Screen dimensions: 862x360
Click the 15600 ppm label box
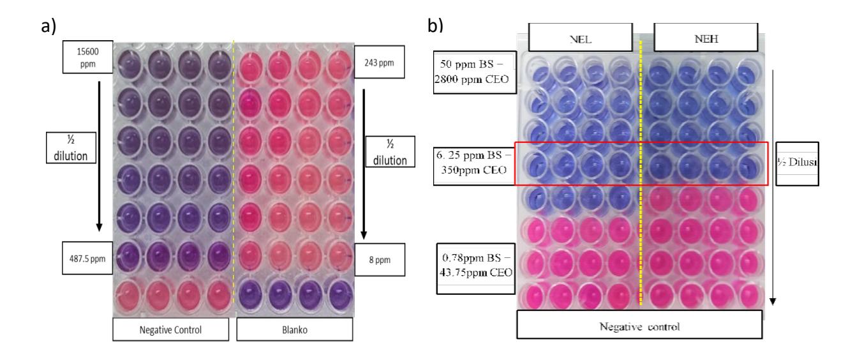point(88,57)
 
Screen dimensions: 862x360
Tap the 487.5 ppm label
point(87,258)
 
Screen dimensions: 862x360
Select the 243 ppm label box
point(380,62)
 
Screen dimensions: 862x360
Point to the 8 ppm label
point(380,260)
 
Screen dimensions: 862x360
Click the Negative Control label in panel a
point(170,329)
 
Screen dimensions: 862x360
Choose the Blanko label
point(295,329)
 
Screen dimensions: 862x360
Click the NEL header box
point(581,38)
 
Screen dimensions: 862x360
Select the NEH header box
point(706,38)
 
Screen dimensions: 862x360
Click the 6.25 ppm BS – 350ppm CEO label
point(474,163)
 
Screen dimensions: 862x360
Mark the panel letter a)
point(49,27)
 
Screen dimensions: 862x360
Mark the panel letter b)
point(435,26)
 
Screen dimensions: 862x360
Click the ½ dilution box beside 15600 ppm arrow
point(71,148)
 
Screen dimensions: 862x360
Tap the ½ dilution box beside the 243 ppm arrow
point(390,152)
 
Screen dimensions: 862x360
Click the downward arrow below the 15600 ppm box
point(100,156)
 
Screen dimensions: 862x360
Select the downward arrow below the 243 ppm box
point(364,164)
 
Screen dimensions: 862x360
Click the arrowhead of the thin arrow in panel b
point(772,301)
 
